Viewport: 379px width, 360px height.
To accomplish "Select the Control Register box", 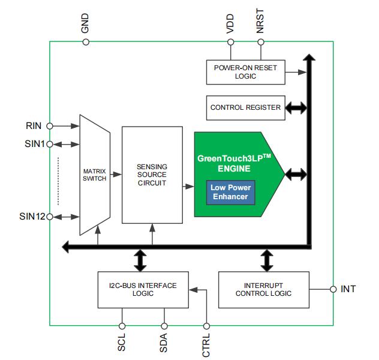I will tap(245, 107).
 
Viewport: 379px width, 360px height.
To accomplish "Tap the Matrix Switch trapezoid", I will tap(94, 175).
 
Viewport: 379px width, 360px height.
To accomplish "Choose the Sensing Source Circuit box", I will tap(152, 175).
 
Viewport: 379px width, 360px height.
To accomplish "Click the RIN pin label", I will tap(34, 126).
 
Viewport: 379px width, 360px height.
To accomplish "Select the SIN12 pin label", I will tap(31, 217).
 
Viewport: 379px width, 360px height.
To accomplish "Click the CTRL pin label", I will tap(206, 344).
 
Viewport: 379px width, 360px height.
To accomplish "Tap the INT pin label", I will tap(348, 289).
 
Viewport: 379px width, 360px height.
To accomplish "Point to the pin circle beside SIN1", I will tap(49, 144).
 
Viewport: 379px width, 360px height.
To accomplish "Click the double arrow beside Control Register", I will tap(296, 108).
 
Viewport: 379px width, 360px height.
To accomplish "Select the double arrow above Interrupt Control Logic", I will tap(267, 260).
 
